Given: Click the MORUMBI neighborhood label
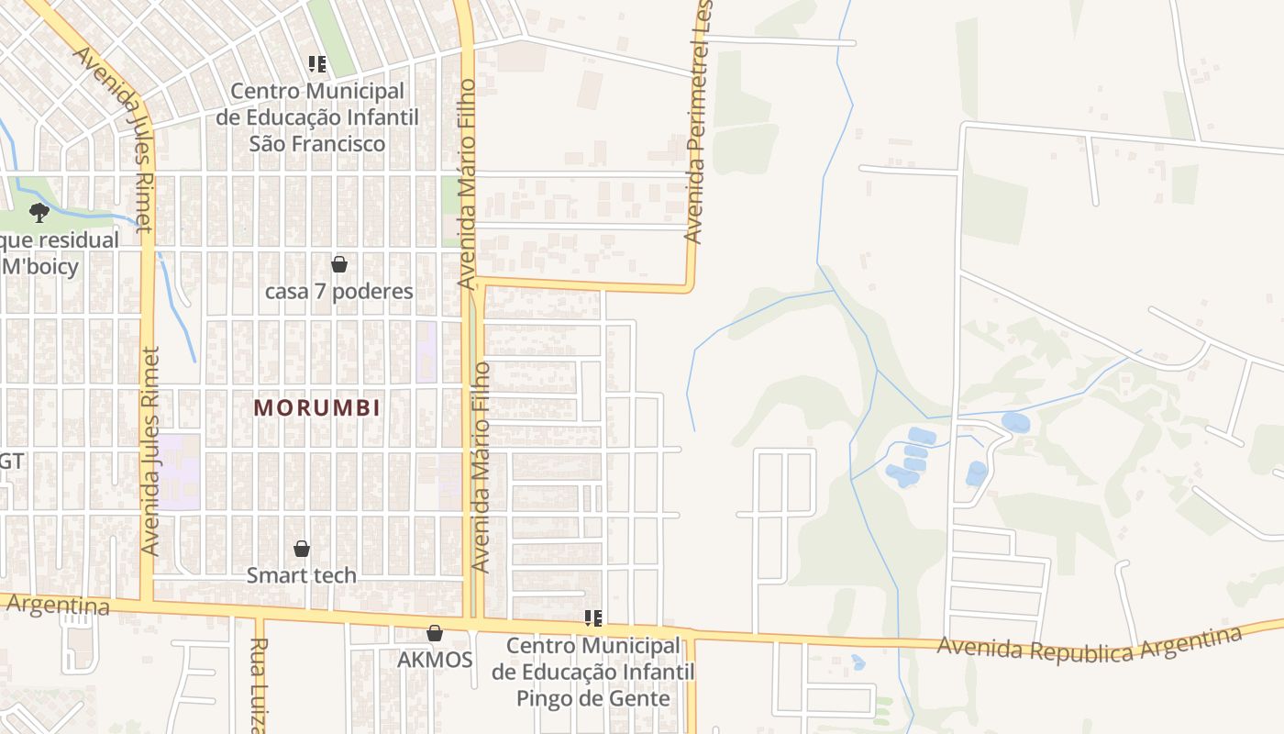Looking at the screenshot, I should pos(317,407).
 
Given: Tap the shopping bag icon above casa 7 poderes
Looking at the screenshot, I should pos(339,264).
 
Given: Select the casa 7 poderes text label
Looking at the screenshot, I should pos(339,292).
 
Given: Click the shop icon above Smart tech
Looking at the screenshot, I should pos(302,549).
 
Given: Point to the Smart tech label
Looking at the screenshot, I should pos(302,576).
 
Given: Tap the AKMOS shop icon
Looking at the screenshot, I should pos(435,633).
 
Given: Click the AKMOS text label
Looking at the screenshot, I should pos(435,661).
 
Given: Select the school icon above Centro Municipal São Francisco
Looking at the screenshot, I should pos(317,64).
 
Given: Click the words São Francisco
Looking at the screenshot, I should pos(317,144).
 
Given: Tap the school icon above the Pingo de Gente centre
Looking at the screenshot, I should pos(593,618).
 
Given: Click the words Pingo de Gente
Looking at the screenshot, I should pos(592,698).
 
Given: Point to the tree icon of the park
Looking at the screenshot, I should pos(39,213).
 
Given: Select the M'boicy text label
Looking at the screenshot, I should pos(40,267).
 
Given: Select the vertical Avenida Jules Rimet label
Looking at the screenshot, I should pos(151,450).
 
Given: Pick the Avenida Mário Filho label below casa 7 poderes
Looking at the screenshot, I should pos(481,468).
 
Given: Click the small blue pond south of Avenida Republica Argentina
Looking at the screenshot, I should pos(858,662).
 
